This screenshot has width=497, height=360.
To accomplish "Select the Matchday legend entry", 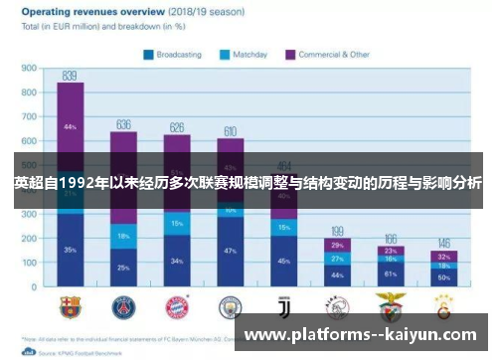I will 245,54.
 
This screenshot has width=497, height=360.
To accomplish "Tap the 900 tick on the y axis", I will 28,70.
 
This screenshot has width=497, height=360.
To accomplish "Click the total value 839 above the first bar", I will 70,75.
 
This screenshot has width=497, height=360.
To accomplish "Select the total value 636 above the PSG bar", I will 123,124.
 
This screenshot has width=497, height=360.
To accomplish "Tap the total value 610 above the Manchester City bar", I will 230,131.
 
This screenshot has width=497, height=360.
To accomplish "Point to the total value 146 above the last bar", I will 443,243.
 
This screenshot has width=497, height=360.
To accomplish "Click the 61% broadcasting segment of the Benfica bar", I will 390,273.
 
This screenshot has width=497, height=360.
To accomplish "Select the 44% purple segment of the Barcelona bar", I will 71,127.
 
